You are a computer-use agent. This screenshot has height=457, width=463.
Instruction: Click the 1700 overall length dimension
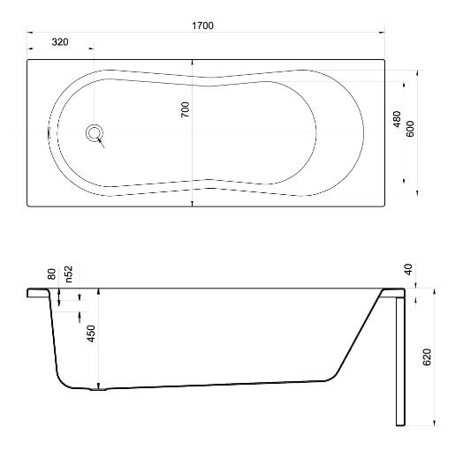click(x=202, y=26)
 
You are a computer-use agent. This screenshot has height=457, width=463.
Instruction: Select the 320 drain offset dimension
click(x=60, y=42)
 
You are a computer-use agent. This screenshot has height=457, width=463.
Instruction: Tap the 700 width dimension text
click(x=186, y=109)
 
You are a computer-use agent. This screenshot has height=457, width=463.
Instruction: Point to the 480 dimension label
click(x=398, y=119)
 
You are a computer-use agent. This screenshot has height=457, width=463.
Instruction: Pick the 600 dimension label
click(x=410, y=129)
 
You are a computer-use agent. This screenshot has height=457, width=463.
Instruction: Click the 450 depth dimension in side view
click(x=92, y=333)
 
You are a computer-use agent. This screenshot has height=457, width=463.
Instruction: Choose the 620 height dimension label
click(x=427, y=357)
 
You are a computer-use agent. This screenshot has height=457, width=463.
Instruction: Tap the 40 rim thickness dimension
click(x=408, y=269)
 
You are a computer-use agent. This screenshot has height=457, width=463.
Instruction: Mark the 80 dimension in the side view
click(x=51, y=273)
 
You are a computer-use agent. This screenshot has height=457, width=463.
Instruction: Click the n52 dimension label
click(x=69, y=273)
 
